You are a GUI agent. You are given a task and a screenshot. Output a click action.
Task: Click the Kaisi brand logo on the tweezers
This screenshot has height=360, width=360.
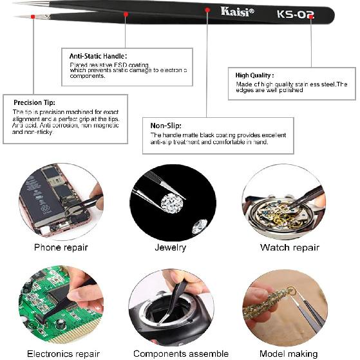[x=237, y=11]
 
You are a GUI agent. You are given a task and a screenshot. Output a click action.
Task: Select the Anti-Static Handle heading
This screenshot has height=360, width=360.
[x=98, y=56]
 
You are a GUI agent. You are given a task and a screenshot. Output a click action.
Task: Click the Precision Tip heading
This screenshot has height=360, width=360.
[x=35, y=102]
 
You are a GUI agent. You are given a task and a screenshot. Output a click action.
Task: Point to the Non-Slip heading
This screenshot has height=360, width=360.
[x=166, y=126]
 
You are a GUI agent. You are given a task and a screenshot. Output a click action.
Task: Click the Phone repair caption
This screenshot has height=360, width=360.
[x=61, y=247]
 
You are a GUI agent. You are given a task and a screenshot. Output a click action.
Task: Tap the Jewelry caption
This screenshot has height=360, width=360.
[x=171, y=247]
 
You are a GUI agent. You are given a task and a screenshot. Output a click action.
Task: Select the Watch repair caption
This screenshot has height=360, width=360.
[x=290, y=247]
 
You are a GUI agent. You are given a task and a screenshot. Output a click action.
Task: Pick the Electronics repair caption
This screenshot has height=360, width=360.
[x=63, y=354]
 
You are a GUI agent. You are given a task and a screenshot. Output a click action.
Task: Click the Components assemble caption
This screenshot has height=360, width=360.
[x=180, y=354]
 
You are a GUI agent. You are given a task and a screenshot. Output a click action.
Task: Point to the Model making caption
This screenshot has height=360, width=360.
[x=289, y=354]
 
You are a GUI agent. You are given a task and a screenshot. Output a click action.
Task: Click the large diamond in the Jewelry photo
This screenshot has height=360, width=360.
[x=171, y=205]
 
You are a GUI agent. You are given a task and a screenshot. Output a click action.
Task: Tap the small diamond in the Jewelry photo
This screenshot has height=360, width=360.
[x=199, y=227]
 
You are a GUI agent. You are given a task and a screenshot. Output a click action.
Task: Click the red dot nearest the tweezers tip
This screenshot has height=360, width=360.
[x=33, y=15]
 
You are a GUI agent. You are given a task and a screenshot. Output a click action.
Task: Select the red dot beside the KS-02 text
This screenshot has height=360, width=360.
[x=311, y=17]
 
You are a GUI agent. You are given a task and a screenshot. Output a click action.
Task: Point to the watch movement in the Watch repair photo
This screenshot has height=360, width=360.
[x=282, y=212]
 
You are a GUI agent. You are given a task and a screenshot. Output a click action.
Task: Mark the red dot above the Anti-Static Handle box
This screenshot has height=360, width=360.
[x=126, y=14]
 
